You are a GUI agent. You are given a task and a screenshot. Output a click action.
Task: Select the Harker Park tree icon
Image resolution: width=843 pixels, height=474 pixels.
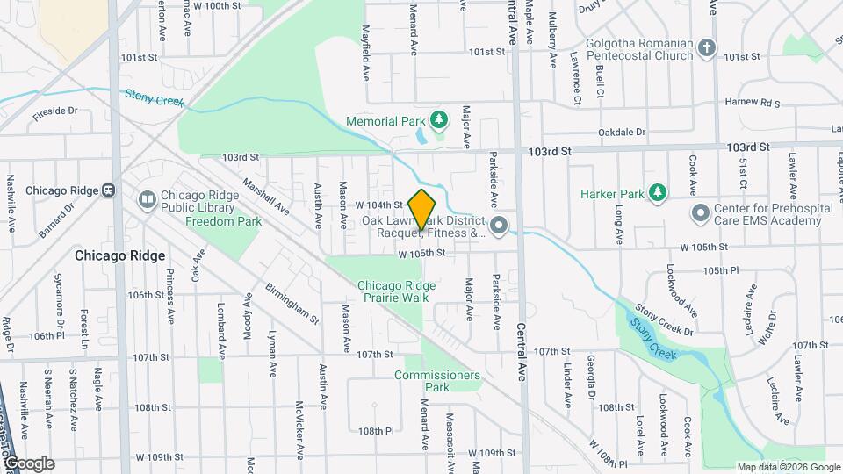pyautogui.click(x=656, y=193)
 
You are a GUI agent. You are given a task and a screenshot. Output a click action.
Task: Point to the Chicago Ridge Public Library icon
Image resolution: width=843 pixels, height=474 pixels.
pyautogui.click(x=147, y=201)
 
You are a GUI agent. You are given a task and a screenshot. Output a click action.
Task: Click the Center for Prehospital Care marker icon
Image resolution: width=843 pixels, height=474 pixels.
pyautogui.click(x=700, y=212)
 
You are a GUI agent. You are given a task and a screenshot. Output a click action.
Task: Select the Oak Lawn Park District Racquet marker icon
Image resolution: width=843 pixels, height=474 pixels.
pyautogui.click(x=500, y=226)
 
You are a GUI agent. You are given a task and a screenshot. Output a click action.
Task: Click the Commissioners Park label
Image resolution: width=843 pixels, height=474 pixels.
pyautogui.click(x=437, y=381)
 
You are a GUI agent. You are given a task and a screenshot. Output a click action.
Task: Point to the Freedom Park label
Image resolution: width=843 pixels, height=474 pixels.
pyautogui.click(x=223, y=222)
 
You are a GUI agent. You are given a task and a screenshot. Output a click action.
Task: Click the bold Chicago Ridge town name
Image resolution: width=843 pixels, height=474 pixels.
pyautogui.click(x=120, y=255)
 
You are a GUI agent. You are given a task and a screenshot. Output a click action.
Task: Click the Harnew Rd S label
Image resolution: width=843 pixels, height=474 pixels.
pyautogui.click(x=753, y=103)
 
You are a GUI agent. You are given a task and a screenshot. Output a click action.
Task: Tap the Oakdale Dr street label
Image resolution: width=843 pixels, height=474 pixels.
pyautogui.click(x=622, y=133)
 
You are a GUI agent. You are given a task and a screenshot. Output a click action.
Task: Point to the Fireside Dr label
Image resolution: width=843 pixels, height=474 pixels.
pyautogui.click(x=55, y=112)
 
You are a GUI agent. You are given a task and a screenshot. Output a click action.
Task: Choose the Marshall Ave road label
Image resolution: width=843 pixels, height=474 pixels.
pyautogui.click(x=266, y=197)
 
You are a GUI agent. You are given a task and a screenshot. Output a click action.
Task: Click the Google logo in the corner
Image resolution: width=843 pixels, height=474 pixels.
pyautogui.click(x=28, y=463)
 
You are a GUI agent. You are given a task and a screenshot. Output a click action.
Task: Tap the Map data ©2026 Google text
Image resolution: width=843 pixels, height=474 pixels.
pyautogui.click(x=788, y=467)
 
